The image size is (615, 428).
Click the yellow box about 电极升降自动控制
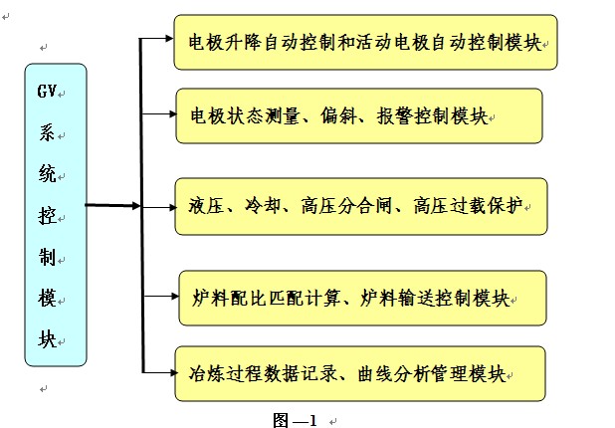(364, 43)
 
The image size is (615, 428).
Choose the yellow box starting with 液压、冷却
(360, 207)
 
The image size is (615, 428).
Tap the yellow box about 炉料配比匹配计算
(362, 298)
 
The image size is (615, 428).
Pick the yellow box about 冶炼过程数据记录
(360, 373)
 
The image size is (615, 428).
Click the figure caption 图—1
(295, 419)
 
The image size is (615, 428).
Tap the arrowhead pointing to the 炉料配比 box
(171, 296)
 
